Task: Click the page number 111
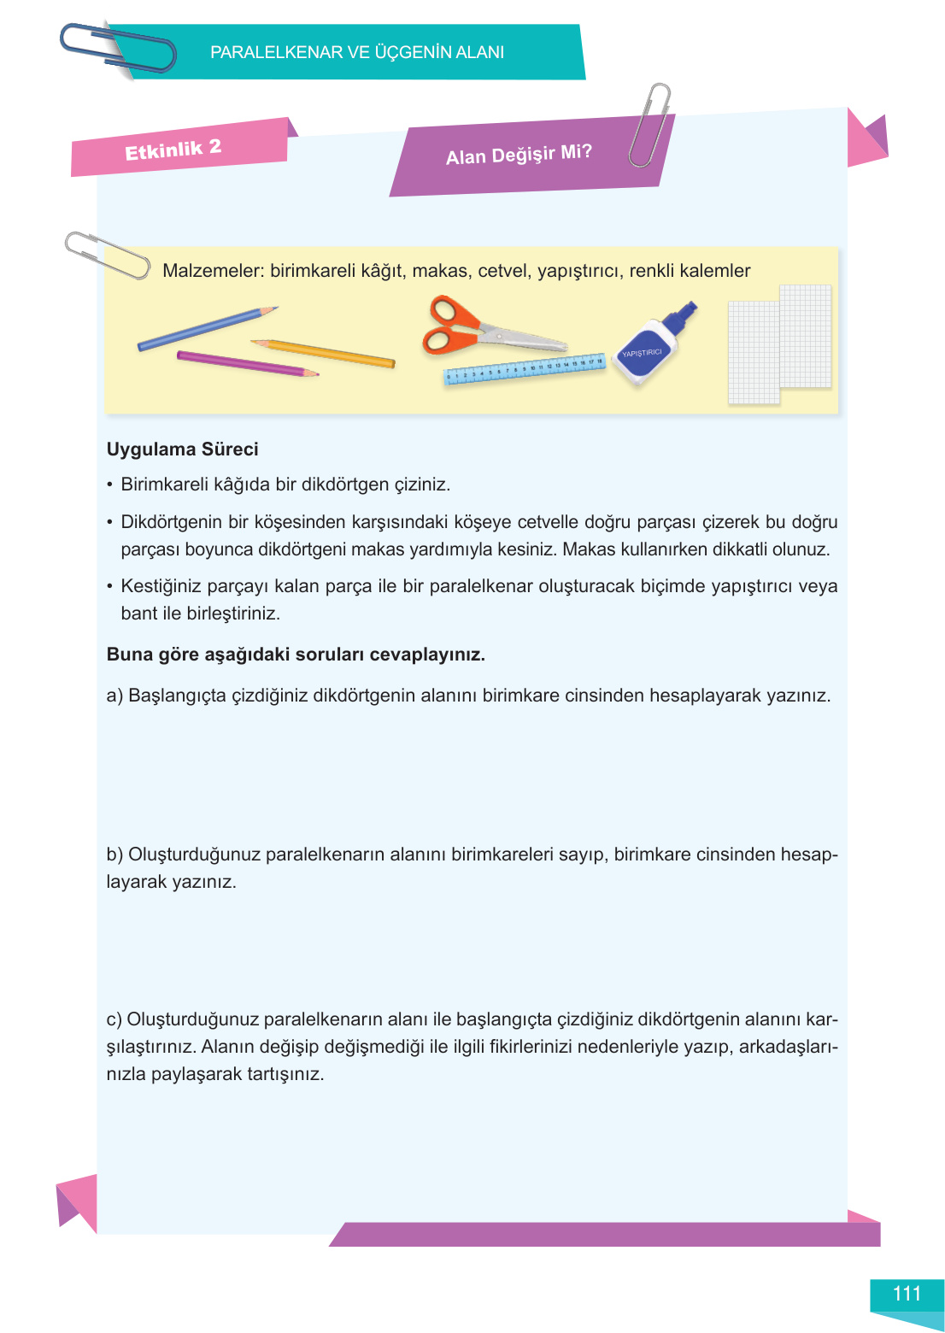coord(906,1294)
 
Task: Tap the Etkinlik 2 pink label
coord(173,150)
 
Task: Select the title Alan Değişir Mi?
coord(518,155)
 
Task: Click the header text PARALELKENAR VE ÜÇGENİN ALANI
coord(357,52)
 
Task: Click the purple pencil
coord(246,364)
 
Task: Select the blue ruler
coord(524,370)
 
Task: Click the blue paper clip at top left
coord(118,49)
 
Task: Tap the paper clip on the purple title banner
coord(650,125)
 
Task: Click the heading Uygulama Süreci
coord(182,449)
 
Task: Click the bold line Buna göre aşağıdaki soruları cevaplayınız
coord(296,655)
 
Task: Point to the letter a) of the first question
coord(114,696)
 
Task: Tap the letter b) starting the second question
coord(114,854)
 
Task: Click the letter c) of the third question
coord(114,1019)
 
